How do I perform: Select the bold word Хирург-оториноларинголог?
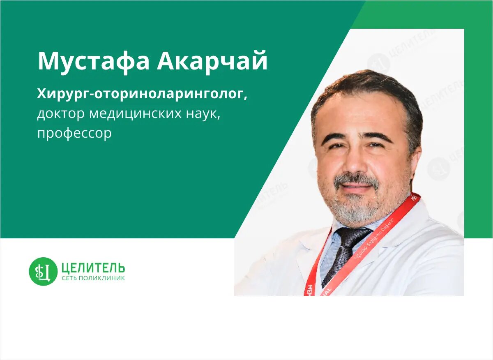point(142,95)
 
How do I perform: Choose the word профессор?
point(74,134)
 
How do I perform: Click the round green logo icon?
point(43,271)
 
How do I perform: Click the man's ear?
point(415,160)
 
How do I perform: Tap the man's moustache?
point(356,179)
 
